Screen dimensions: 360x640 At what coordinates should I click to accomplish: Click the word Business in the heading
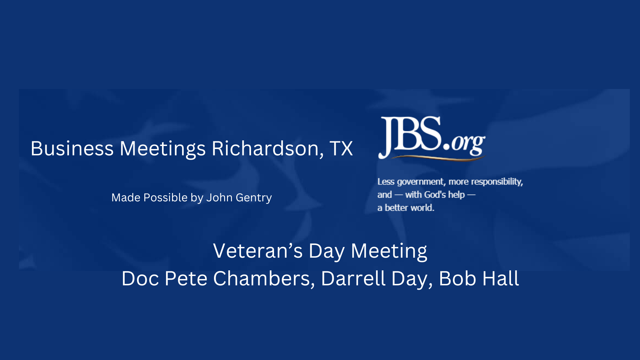point(72,148)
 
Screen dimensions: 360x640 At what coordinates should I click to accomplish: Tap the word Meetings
point(162,148)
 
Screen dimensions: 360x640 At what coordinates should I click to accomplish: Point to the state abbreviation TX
point(341,148)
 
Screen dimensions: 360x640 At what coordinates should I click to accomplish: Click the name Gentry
point(254,198)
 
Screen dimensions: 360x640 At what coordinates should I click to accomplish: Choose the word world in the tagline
point(422,208)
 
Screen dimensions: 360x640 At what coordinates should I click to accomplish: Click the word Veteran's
point(258,251)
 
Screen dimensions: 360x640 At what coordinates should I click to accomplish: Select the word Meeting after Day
point(389,251)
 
